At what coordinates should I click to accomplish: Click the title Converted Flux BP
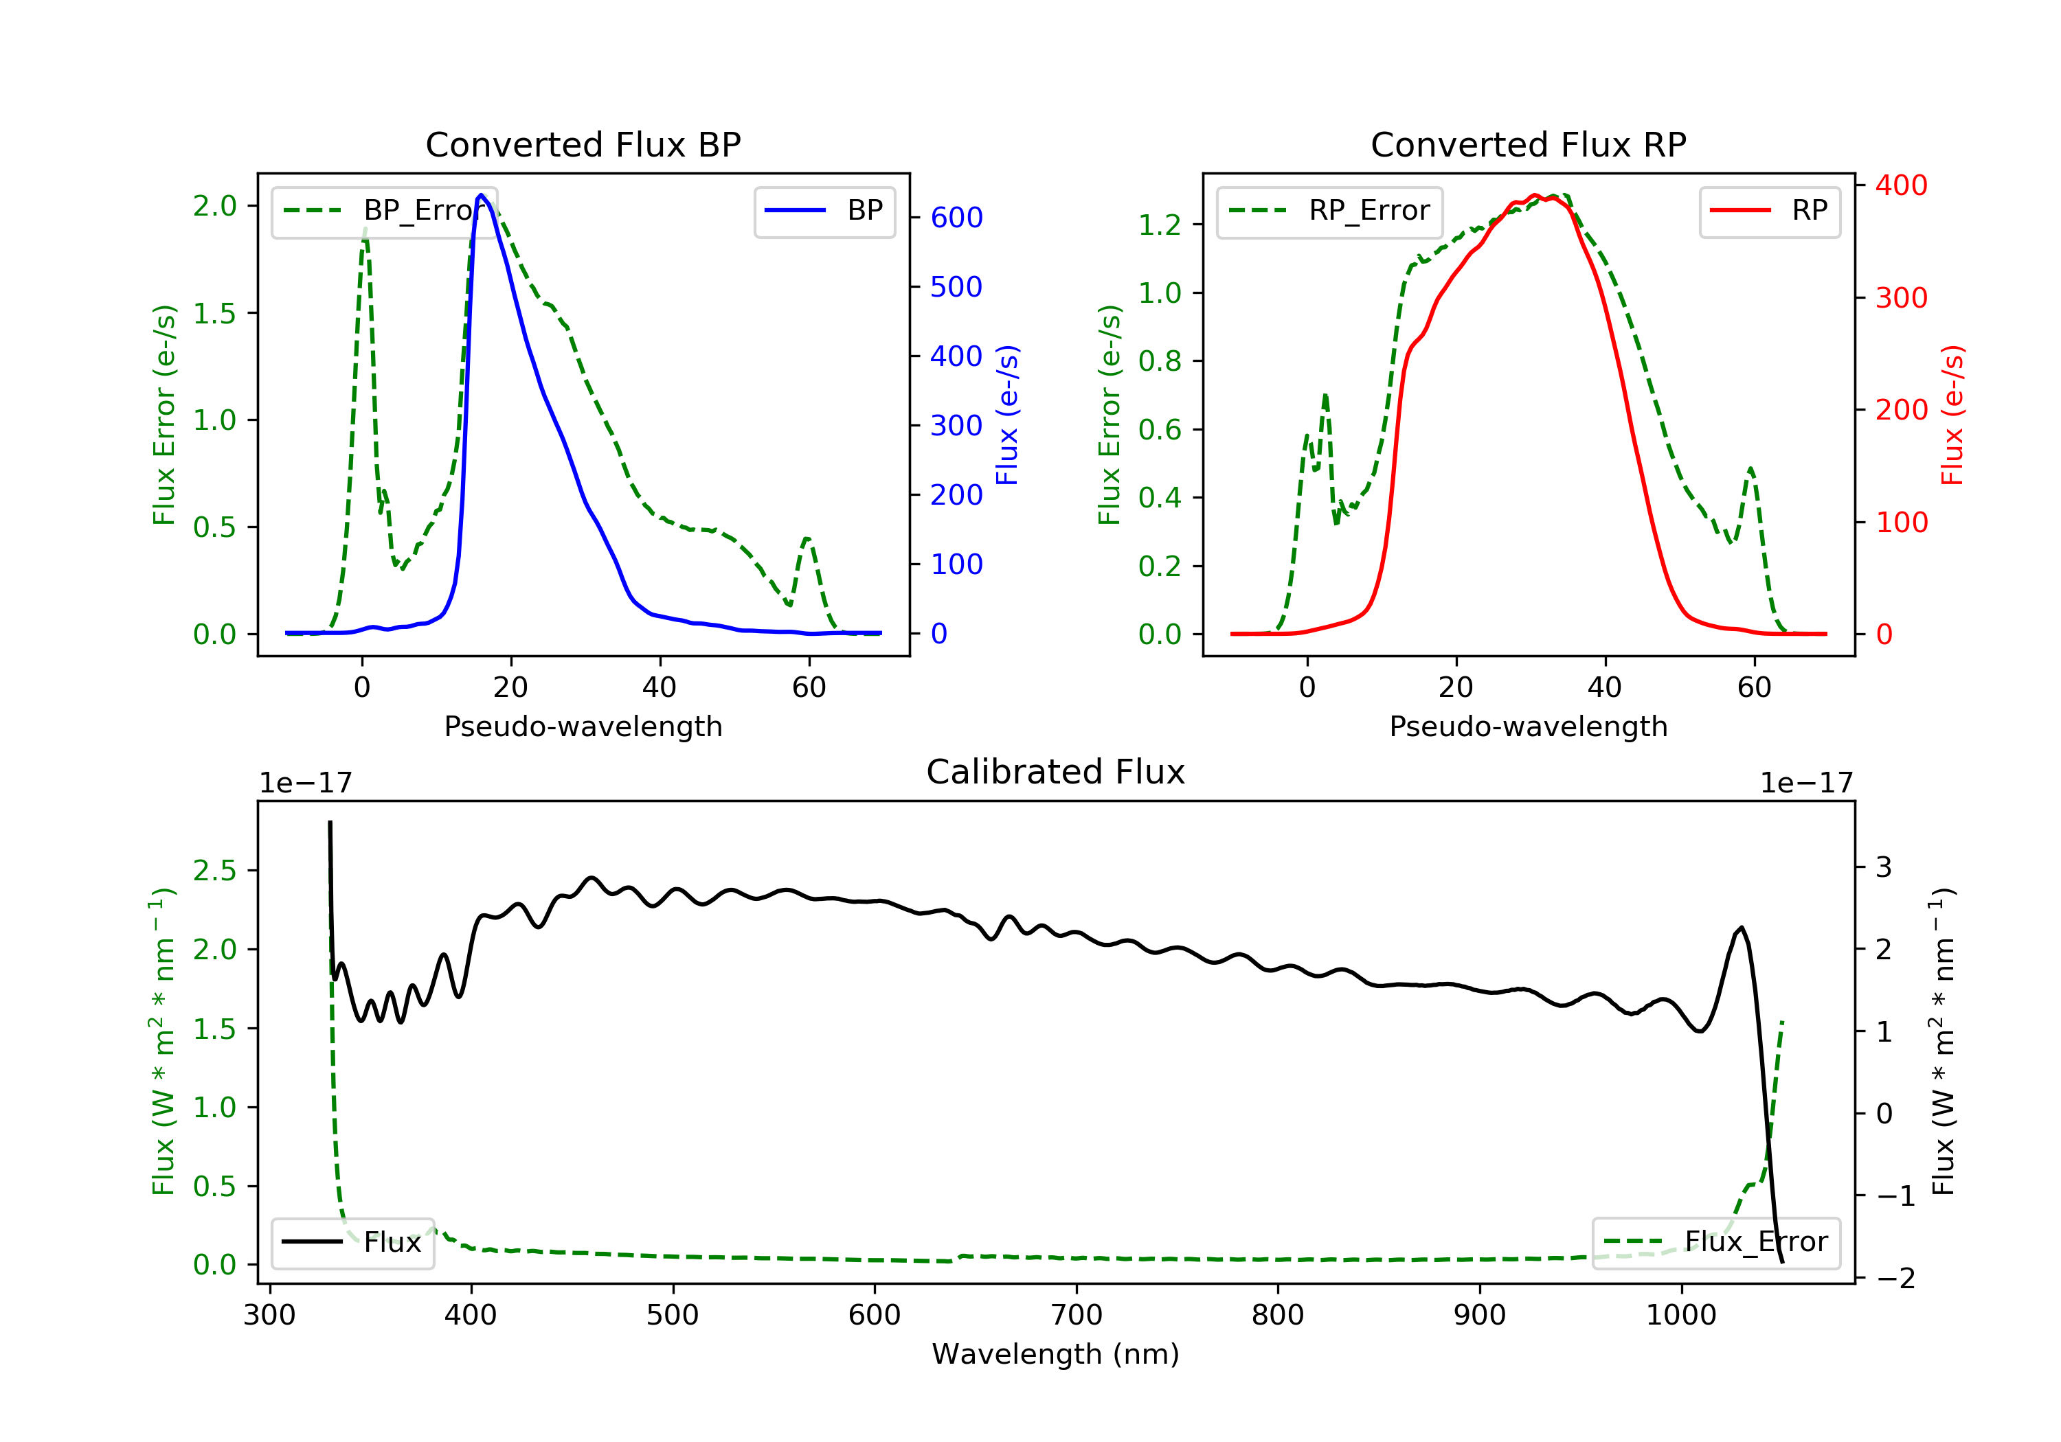pos(583,144)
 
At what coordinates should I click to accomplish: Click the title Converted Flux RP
pos(1528,144)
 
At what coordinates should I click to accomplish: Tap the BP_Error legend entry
pos(384,211)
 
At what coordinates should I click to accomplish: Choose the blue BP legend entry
pos(824,211)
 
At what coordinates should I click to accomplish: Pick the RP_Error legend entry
pos(1329,211)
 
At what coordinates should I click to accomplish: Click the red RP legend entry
pos(1769,211)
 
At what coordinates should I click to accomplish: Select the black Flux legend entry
pos(352,1242)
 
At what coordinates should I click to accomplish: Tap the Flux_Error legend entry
pos(1715,1242)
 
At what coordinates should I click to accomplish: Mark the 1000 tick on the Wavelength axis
pos(1680,1316)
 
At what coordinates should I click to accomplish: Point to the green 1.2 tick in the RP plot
pos(1160,225)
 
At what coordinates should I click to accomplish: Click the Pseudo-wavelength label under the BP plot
pos(583,726)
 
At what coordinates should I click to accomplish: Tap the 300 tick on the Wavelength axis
pos(269,1316)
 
